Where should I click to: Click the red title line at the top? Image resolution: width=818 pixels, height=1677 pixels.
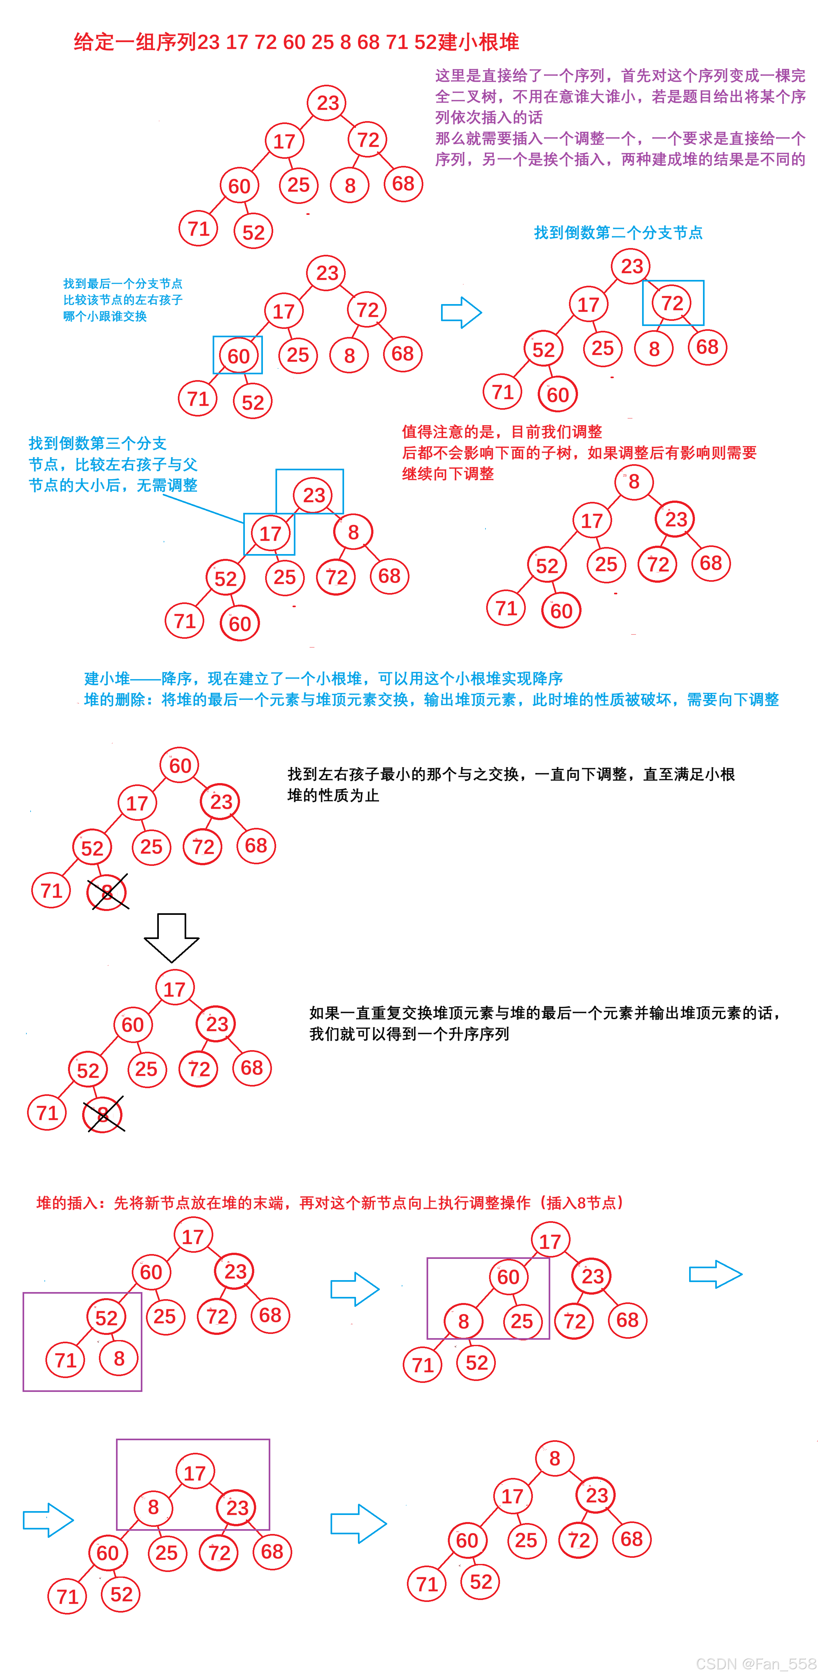tap(296, 42)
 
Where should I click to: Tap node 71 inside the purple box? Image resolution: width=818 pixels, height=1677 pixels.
tap(65, 1360)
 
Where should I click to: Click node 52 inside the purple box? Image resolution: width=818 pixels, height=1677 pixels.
tap(106, 1318)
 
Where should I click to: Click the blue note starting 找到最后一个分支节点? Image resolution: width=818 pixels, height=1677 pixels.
tap(122, 284)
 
